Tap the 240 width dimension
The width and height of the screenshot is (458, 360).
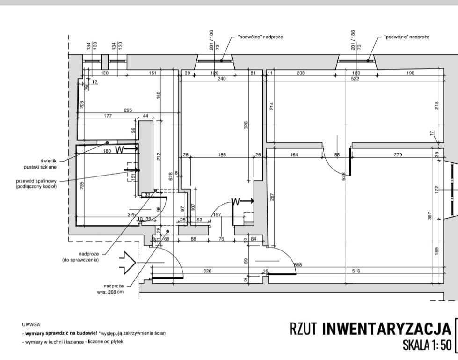pyautogui.click(x=221, y=79)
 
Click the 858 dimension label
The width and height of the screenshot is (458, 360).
pyautogui.click(x=298, y=265)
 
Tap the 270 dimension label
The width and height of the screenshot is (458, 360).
pyautogui.click(x=398, y=154)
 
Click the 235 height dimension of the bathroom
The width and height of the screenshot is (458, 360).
pyautogui.click(x=82, y=185)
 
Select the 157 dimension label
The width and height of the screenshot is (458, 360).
pyautogui.click(x=217, y=214)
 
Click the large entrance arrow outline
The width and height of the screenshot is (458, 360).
pyautogui.click(x=127, y=262)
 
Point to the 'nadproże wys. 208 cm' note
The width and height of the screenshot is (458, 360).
pyautogui.click(x=114, y=289)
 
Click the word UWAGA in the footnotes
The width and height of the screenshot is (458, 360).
pyautogui.click(x=31, y=324)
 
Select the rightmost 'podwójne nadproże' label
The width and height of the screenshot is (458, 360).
pyautogui.click(x=406, y=37)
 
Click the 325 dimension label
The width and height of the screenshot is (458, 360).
pyautogui.click(x=131, y=214)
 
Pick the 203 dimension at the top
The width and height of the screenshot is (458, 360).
pyautogui.click(x=300, y=73)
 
